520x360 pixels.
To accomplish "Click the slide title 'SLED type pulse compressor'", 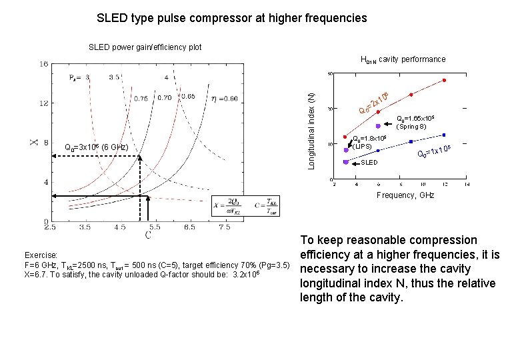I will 231,18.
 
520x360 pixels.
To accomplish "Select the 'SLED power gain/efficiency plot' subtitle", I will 145,47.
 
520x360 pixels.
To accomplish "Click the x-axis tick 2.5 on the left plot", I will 50,227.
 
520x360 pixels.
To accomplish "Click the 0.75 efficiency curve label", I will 140,99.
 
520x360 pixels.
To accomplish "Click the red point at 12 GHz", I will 445,81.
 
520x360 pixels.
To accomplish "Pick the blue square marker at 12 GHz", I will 445,135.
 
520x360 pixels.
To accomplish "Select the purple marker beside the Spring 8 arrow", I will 378,125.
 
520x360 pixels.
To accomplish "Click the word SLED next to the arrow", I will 369,162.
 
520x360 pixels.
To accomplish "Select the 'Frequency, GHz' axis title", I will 405,195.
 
